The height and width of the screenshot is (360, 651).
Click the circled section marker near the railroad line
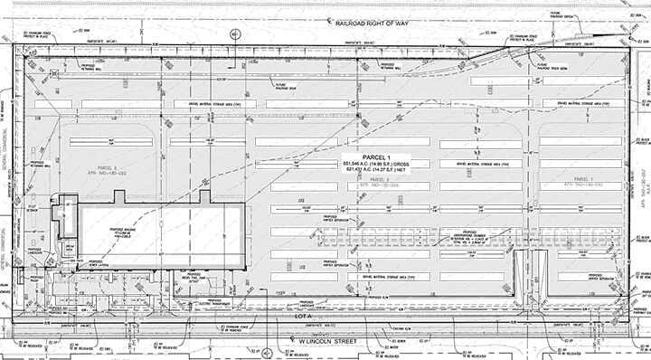[x=234, y=34]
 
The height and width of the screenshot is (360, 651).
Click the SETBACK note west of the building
[x=33, y=210]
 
